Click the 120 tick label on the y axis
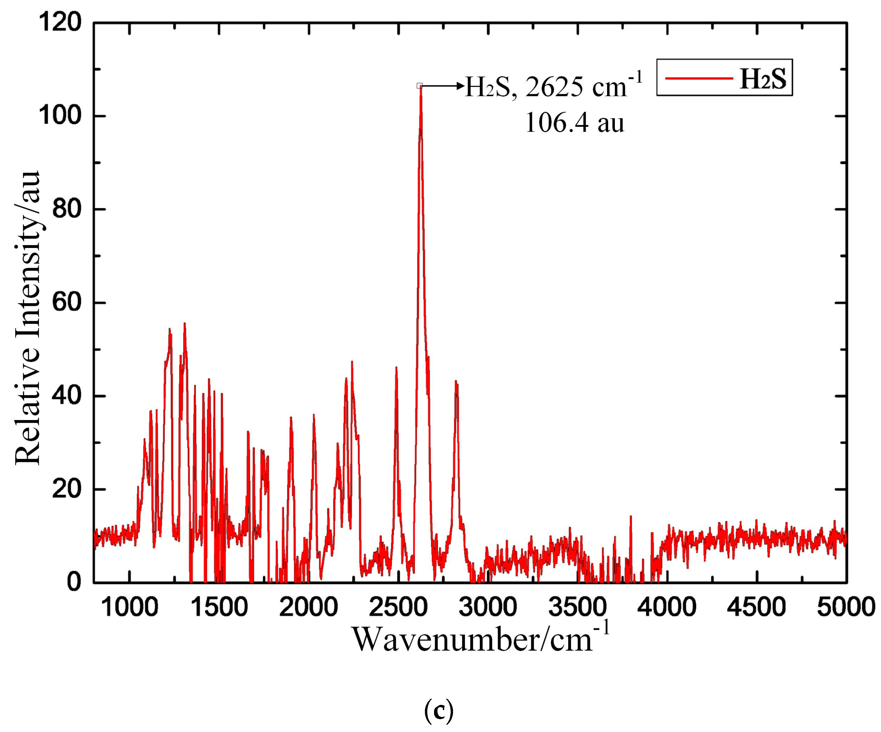click(60, 22)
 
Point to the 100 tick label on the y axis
click(60, 116)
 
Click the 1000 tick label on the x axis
click(130, 607)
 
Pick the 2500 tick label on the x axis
click(398, 607)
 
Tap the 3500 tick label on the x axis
click(577, 607)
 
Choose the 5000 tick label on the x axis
click(846, 607)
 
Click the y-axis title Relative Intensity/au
click(27, 318)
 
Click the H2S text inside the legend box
click(763, 79)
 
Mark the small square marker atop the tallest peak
click(419, 86)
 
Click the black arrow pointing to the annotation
click(443, 86)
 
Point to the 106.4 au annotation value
click(574, 123)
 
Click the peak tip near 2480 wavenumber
click(396, 368)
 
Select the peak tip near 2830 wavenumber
click(456, 381)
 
